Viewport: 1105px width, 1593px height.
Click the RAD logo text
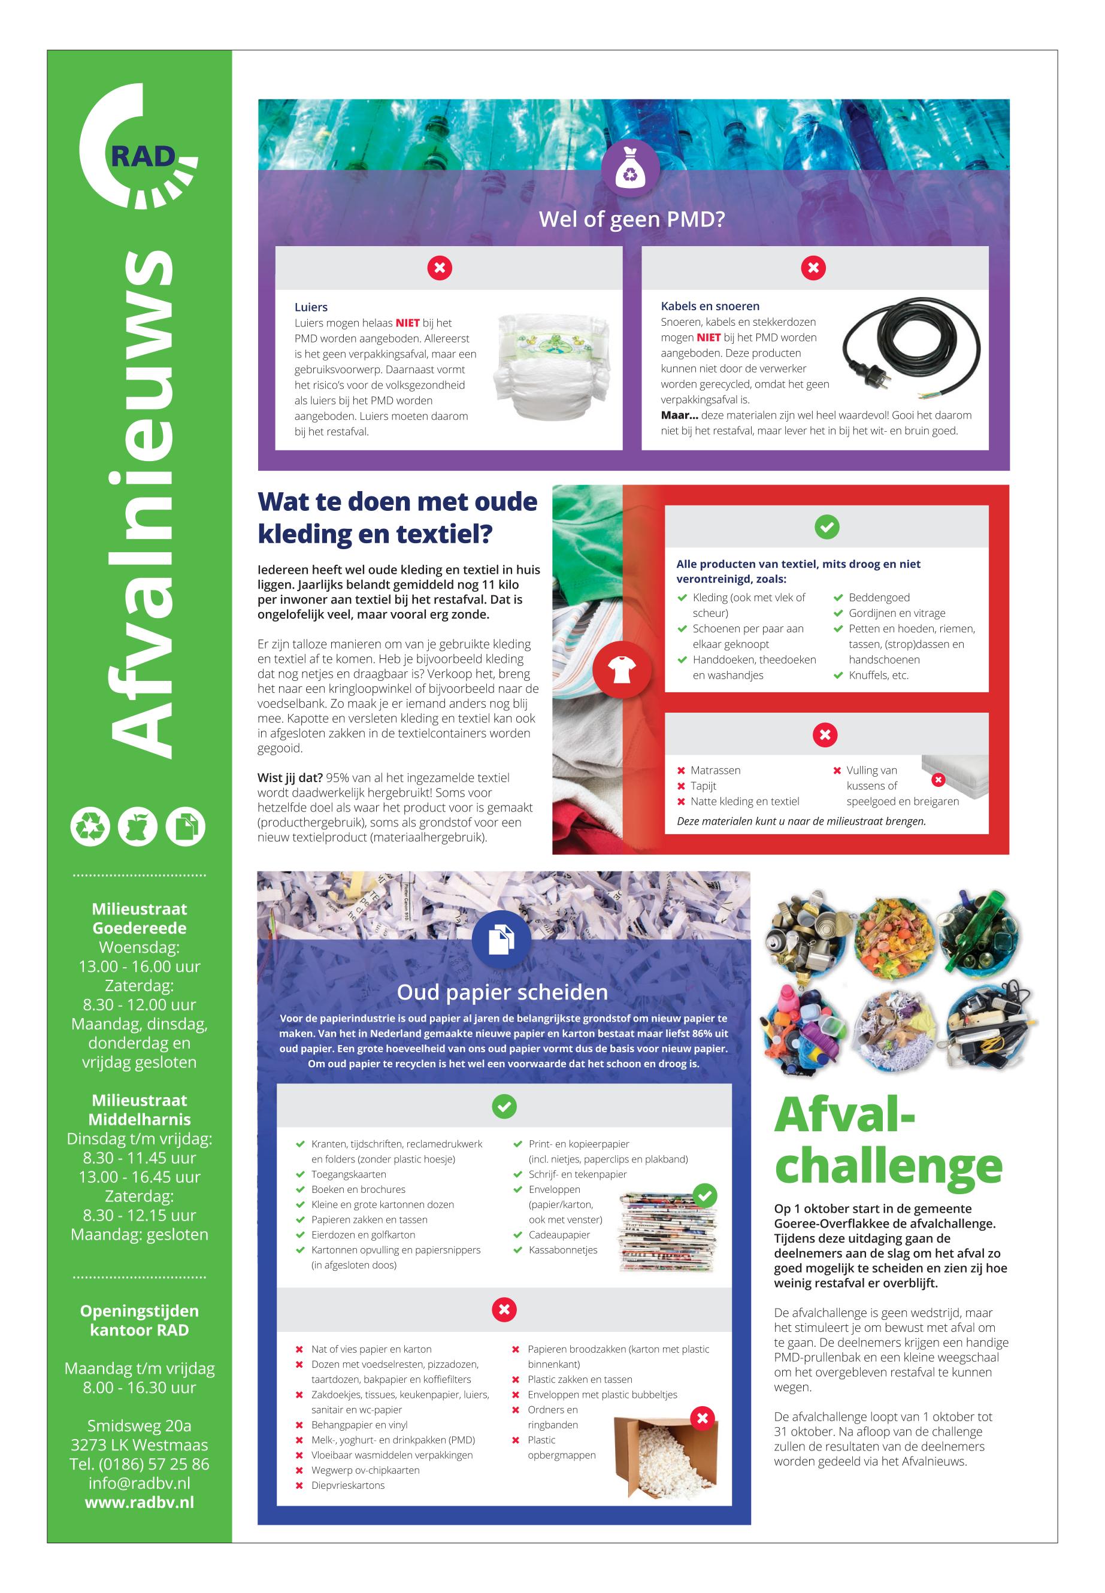(143, 156)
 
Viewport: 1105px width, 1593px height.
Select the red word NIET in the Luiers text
(407, 323)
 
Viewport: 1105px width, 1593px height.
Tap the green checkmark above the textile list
(826, 527)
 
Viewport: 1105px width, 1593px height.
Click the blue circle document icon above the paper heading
(502, 940)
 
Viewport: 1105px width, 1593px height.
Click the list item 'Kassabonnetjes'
(563, 1250)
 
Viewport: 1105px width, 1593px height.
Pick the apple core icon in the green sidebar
(138, 826)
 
